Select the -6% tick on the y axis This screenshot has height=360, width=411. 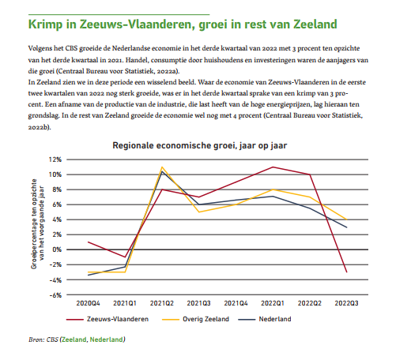[56, 294]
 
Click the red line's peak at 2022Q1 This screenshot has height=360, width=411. [273, 167]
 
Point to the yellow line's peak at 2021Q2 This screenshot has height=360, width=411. [161, 167]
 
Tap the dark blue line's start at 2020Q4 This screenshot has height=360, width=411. [89, 275]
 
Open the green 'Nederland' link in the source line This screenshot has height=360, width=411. [106, 339]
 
